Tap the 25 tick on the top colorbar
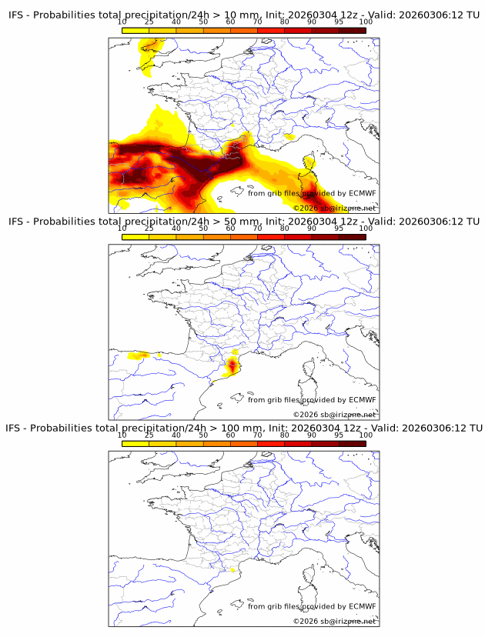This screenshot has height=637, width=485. (x=149, y=22)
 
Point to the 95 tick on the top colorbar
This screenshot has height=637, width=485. (x=339, y=22)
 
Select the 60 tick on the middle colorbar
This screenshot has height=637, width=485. (x=230, y=228)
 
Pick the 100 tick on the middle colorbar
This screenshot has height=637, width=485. (x=366, y=228)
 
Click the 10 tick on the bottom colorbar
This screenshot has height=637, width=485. (x=122, y=435)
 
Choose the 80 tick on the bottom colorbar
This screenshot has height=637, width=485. (x=285, y=435)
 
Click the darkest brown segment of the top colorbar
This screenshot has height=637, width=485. (x=352, y=30)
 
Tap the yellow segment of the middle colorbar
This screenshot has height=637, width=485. (x=135, y=237)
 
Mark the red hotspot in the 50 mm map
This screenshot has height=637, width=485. (x=232, y=364)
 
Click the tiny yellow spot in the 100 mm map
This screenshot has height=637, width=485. (x=232, y=570)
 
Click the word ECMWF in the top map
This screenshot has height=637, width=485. (x=363, y=193)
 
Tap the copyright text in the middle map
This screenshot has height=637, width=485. (x=334, y=415)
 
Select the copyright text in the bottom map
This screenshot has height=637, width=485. (x=334, y=621)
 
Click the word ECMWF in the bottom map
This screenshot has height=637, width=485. (x=363, y=605)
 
